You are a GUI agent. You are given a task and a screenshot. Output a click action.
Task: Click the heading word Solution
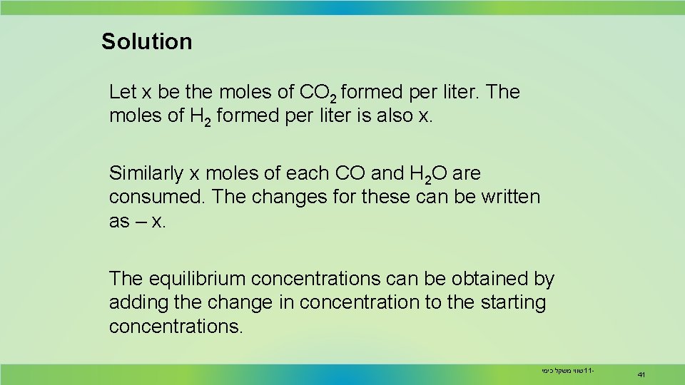click(x=146, y=41)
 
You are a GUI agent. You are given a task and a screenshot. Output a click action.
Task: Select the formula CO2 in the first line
click(x=319, y=93)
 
